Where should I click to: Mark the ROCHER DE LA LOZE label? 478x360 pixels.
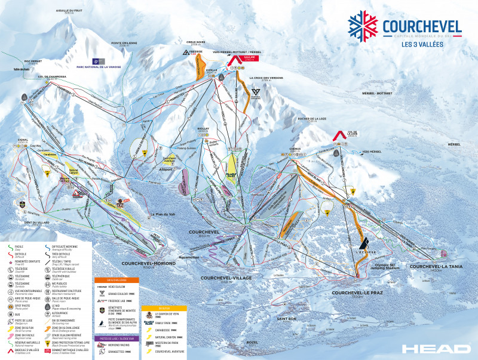(x=312, y=119)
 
